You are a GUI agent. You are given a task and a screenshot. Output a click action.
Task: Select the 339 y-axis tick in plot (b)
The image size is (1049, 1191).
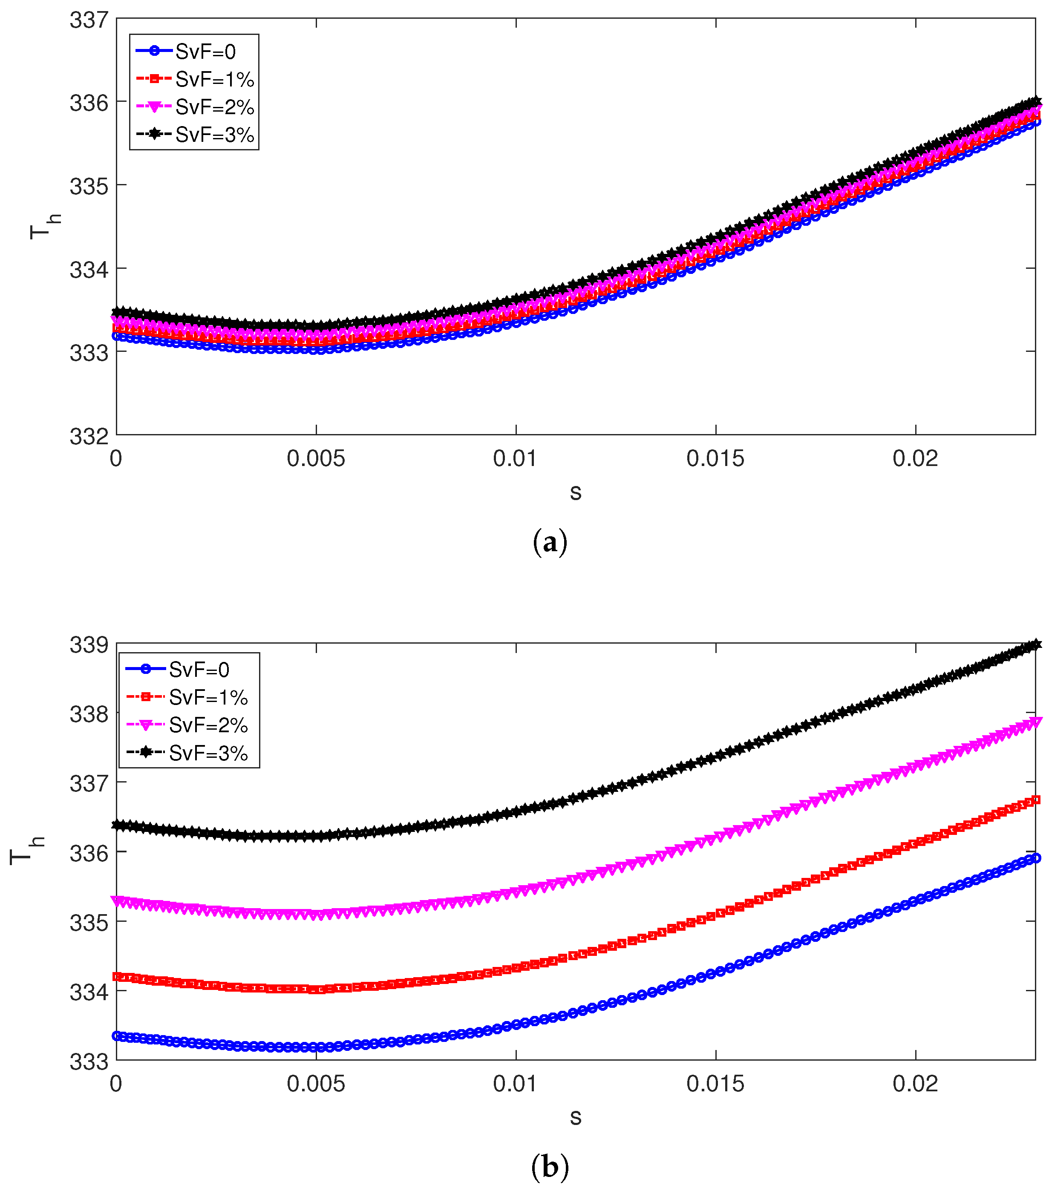click(89, 645)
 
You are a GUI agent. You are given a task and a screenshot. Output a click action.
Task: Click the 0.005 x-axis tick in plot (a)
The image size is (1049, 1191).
click(316, 459)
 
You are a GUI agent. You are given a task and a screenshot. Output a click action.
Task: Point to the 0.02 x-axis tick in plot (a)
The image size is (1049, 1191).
click(915, 459)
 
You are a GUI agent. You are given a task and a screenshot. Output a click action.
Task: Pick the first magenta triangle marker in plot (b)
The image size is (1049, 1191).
click(117, 901)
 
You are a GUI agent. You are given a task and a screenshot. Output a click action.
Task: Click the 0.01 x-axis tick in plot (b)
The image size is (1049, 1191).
click(515, 1084)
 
